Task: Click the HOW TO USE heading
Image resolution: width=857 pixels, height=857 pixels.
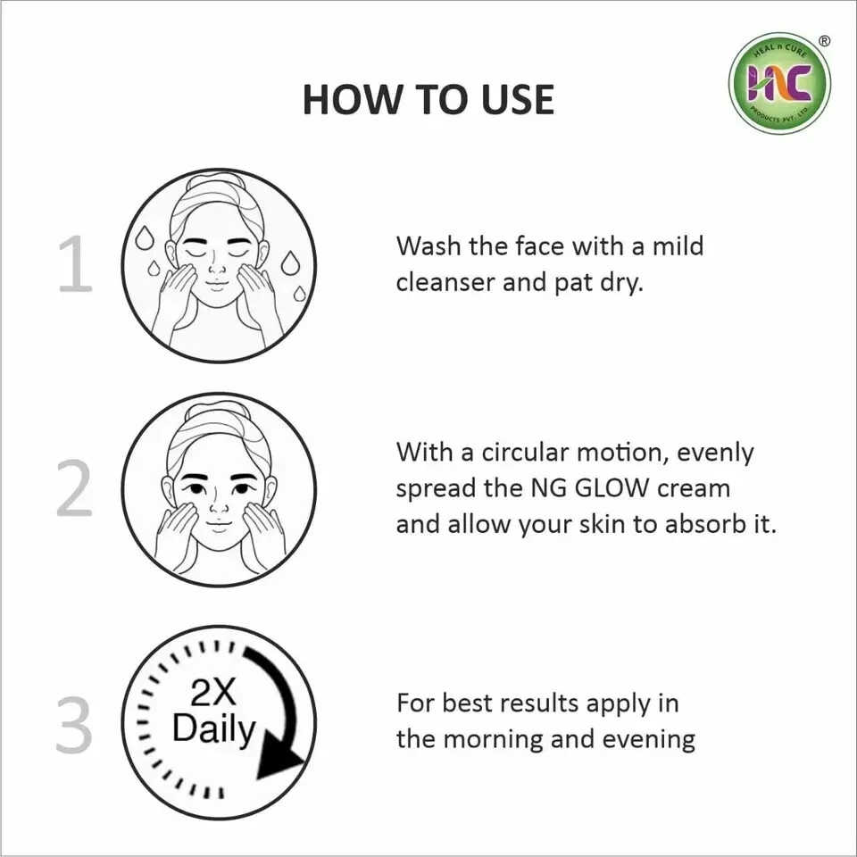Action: click(428, 99)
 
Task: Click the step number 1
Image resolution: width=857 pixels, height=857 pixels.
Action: click(75, 265)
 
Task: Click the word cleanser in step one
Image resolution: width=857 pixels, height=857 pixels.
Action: click(446, 282)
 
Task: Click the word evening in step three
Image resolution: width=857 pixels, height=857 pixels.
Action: click(646, 739)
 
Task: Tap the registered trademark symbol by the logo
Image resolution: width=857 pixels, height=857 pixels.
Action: click(824, 41)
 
